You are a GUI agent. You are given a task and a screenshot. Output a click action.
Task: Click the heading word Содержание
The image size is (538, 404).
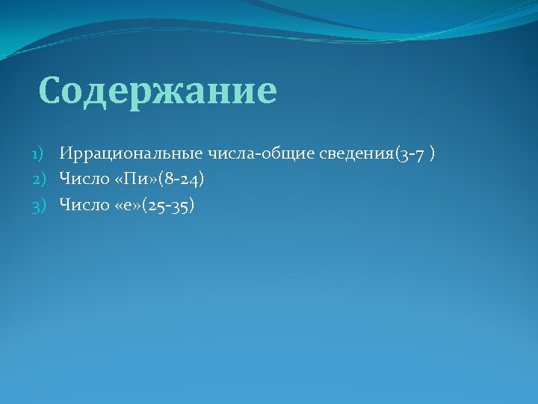(x=158, y=91)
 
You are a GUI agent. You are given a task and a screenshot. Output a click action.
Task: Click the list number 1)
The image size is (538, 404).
(x=38, y=154)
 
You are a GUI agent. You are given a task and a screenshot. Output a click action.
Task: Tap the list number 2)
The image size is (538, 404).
(x=38, y=180)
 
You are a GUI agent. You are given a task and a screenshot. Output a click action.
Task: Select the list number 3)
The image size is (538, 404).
(x=38, y=205)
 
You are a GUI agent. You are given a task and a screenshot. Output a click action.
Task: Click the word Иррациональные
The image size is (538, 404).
(x=120, y=154)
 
